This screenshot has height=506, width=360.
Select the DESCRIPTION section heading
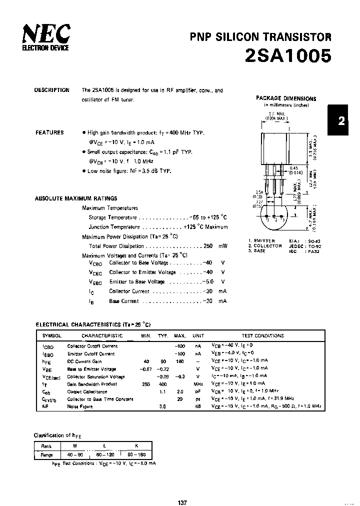pyautogui.click(x=51, y=90)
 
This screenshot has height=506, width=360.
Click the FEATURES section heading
pyautogui.click(x=49, y=132)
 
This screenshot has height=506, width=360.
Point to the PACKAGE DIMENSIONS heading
pyautogui.click(x=286, y=98)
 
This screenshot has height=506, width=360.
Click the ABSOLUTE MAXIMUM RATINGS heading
pyautogui.click(x=76, y=198)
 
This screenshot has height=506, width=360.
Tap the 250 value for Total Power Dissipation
pyautogui.click(x=208, y=246)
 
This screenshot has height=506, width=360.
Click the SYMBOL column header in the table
pyautogui.click(x=51, y=336)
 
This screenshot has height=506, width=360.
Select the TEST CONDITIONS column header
pyautogui.click(x=262, y=336)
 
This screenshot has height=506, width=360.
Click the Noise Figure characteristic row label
pyautogui.click(x=80, y=407)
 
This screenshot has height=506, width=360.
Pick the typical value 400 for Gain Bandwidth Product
pyautogui.click(x=162, y=384)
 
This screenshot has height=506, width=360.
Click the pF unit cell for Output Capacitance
pyautogui.click(x=198, y=391)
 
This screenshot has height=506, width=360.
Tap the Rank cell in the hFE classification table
pyautogui.click(x=46, y=445)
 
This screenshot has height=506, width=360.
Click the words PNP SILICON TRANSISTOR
pyautogui.click(x=260, y=36)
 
